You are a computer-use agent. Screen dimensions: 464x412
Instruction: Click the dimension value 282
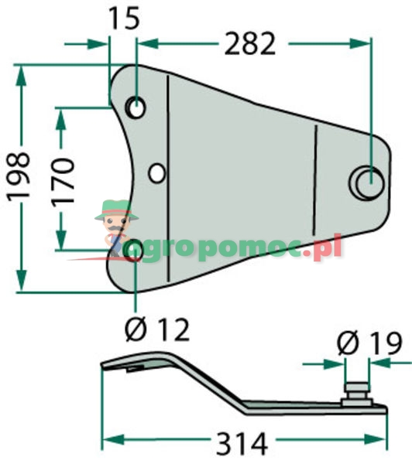click(249, 44)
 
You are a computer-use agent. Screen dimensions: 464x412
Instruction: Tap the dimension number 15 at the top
click(123, 17)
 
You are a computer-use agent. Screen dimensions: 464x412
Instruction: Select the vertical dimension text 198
click(19, 177)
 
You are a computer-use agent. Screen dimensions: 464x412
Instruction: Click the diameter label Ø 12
click(157, 330)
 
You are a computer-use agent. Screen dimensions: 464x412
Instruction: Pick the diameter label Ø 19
click(369, 342)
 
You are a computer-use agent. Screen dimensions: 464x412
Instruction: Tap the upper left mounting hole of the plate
click(136, 107)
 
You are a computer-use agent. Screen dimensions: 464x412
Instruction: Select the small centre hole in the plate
click(157, 172)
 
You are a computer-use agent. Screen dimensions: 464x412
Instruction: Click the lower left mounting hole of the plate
click(133, 250)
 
